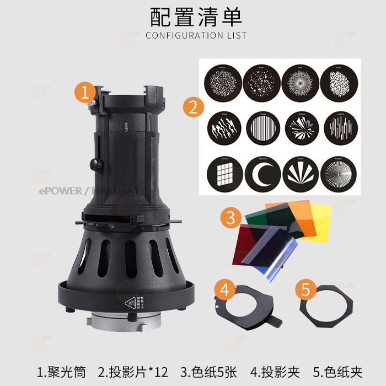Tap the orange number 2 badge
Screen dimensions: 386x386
[x=191, y=106]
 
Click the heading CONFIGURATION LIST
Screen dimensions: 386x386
[x=196, y=36]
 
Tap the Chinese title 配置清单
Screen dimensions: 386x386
[x=196, y=18]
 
